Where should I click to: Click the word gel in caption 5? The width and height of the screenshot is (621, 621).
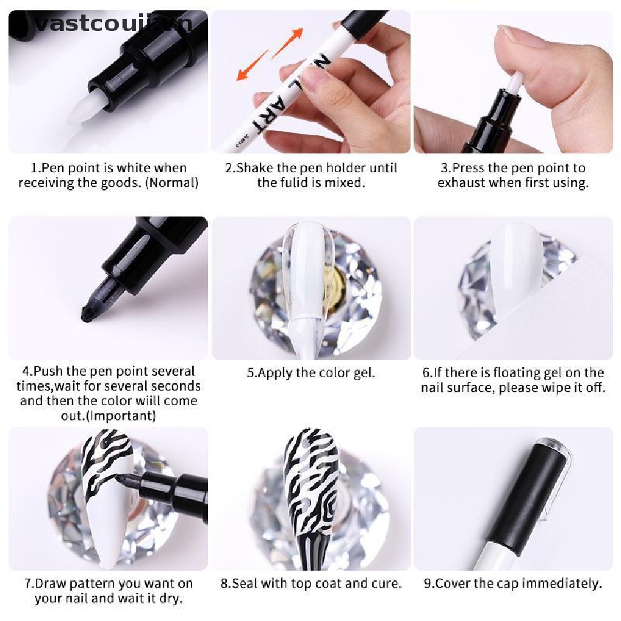[364, 372]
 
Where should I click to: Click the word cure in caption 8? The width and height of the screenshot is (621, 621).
[388, 583]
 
